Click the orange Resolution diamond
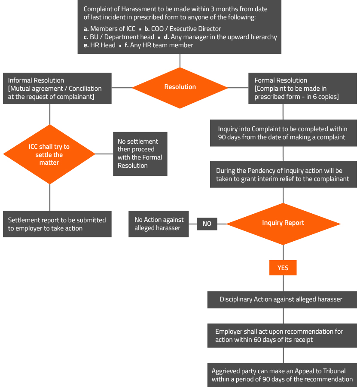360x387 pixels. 180,87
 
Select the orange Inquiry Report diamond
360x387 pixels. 283,223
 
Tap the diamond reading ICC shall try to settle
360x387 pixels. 49,154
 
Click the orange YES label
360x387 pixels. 283,267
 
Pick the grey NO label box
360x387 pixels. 207,224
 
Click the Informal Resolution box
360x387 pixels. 57,89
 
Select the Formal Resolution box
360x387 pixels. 302,89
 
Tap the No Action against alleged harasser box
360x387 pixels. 159,224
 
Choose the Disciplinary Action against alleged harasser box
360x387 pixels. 282,299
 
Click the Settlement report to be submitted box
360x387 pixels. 57,224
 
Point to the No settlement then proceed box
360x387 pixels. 140,154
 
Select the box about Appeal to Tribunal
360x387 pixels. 282,375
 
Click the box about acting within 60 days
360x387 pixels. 282,336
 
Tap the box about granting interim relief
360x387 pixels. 283,175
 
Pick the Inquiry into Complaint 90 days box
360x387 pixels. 283,133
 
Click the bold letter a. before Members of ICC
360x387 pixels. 86,29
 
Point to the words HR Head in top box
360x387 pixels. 103,45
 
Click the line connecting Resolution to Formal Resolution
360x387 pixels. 238,88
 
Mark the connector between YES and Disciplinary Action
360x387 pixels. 283,283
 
